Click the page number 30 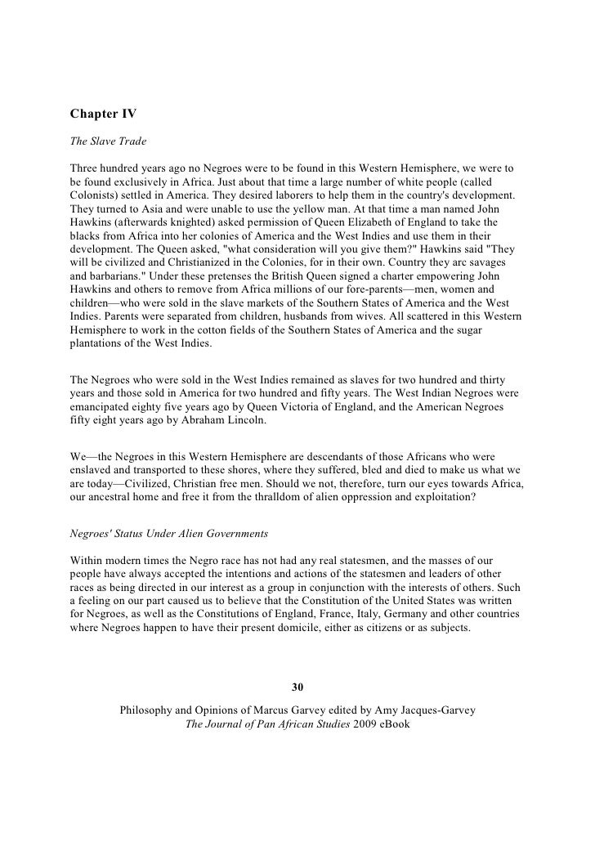[297, 686]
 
